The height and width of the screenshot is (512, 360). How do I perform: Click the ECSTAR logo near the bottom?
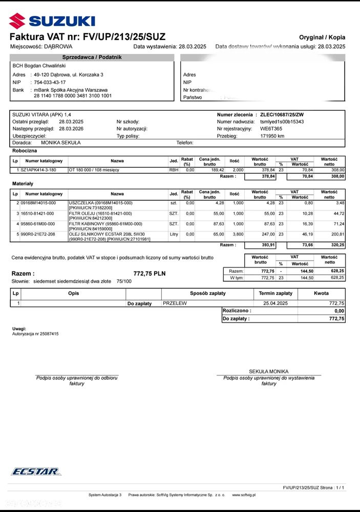[x=36, y=471]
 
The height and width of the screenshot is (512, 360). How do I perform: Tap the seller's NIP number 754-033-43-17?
[x=50, y=82]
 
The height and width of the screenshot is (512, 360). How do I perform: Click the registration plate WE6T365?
[x=271, y=129]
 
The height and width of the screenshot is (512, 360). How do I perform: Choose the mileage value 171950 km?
[x=272, y=136]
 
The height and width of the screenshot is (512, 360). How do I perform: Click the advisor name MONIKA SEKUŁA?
[x=60, y=143]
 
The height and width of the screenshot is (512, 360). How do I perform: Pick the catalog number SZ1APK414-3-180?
[x=38, y=169]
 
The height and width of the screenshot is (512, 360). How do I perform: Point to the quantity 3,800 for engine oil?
[x=237, y=234]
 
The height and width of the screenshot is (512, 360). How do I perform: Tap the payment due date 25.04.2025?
[x=276, y=303]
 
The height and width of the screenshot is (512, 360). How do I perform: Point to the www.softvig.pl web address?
[x=244, y=495]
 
